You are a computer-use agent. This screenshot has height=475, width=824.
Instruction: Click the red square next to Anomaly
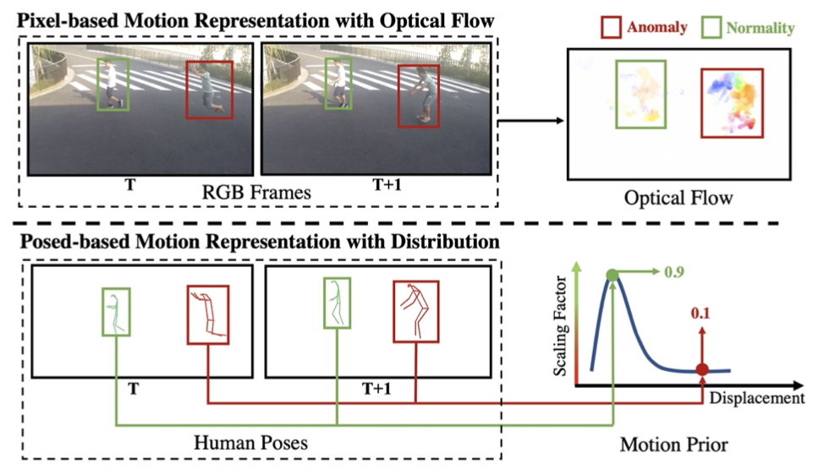click(611, 27)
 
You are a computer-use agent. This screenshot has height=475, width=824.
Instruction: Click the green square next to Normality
click(711, 27)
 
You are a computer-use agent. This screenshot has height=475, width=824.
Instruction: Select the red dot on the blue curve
click(702, 369)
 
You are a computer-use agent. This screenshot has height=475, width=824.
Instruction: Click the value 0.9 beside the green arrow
click(674, 272)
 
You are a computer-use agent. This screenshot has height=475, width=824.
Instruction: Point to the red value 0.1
click(700, 314)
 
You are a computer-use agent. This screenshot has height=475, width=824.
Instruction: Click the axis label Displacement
click(756, 398)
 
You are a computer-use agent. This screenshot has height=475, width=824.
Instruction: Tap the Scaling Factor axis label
click(560, 326)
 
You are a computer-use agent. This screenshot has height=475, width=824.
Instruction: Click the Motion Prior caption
click(673, 445)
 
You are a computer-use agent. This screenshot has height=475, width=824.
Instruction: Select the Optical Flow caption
click(678, 198)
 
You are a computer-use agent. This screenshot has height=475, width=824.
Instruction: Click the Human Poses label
click(250, 442)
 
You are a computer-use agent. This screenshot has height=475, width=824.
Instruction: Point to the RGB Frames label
click(256, 193)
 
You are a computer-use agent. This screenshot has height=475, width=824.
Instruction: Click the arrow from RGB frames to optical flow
click(530, 121)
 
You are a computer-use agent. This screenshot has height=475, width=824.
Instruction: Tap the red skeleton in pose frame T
click(208, 314)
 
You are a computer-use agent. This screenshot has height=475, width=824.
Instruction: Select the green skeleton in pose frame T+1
click(337, 303)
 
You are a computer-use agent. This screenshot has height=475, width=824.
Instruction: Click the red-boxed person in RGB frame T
click(209, 90)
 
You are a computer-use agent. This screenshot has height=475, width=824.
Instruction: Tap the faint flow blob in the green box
click(640, 95)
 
